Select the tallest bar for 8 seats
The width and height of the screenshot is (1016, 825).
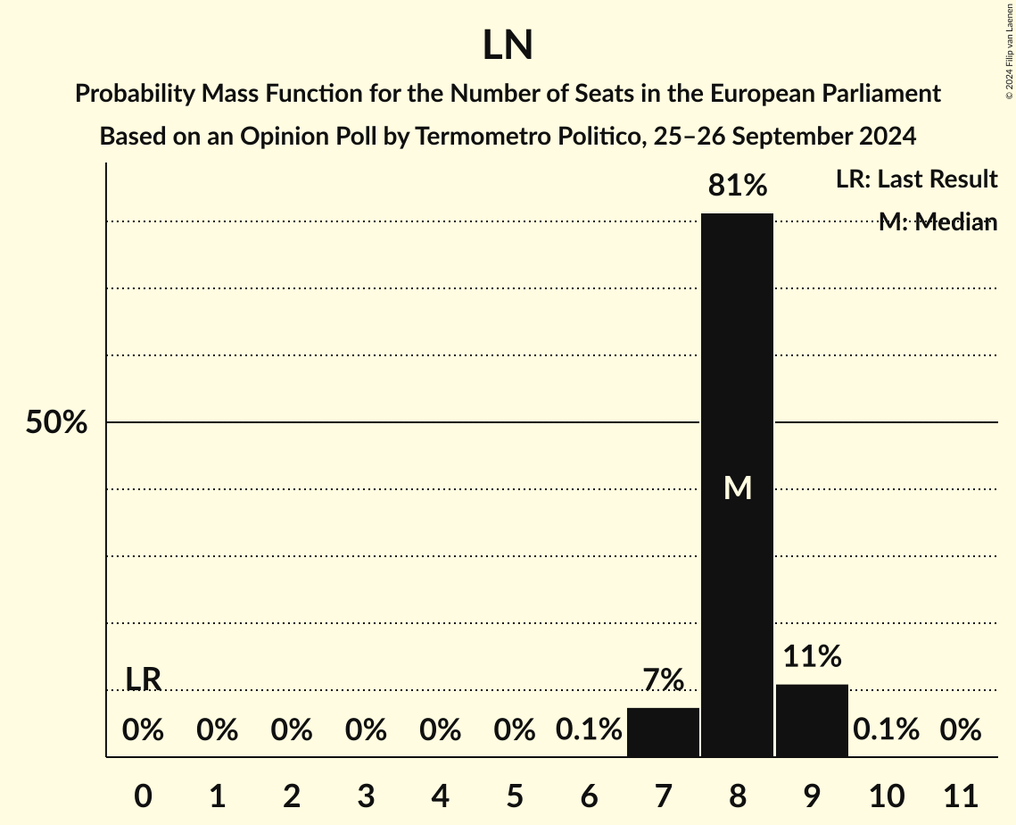[x=737, y=357]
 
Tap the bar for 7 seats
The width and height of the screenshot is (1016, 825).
[x=663, y=732]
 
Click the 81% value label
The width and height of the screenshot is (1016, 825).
[x=737, y=186]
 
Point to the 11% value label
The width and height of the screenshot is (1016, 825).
[x=812, y=657]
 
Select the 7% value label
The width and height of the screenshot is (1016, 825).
[x=663, y=680]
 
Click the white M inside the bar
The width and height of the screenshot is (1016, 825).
[x=737, y=487]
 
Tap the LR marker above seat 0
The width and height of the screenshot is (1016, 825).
[x=143, y=679]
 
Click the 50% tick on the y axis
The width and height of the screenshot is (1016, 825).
[x=56, y=422]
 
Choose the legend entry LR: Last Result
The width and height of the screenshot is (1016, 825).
[x=916, y=179]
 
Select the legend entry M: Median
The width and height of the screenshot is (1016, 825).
[x=937, y=222]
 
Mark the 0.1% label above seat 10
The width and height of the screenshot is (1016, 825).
[x=886, y=730]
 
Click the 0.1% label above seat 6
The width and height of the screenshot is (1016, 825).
[x=589, y=730]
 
